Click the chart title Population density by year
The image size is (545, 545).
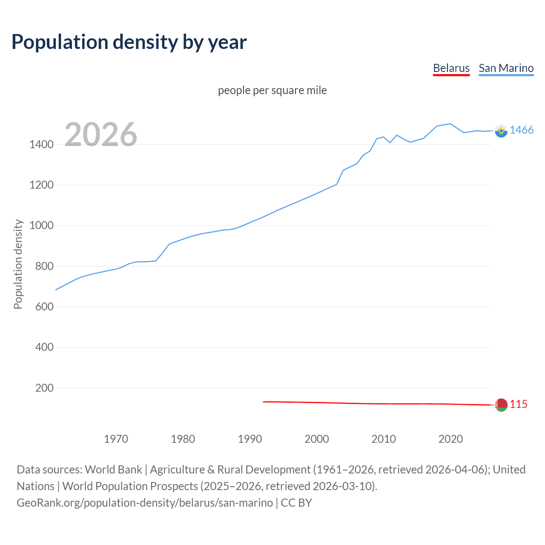tap(129, 42)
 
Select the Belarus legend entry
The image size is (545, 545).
tap(451, 68)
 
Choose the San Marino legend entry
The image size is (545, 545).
tap(506, 68)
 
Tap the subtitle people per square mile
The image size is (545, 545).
tap(272, 90)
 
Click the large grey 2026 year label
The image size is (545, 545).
tap(101, 135)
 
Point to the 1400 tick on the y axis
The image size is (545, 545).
tap(41, 144)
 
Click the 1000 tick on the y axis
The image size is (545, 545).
tap(41, 226)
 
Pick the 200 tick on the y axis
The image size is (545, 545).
tap(44, 388)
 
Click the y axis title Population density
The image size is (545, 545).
tap(18, 264)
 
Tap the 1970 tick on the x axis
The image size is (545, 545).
tap(116, 439)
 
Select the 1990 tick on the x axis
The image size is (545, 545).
tap(250, 439)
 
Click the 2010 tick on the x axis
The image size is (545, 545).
tap(384, 439)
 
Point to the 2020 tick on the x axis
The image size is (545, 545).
tap(450, 439)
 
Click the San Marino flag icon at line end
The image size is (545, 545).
tap(501, 131)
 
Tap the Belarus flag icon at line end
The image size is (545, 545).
tap(501, 404)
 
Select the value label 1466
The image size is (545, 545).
tap(521, 130)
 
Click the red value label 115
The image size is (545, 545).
tap(518, 404)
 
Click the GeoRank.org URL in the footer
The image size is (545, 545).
tap(145, 503)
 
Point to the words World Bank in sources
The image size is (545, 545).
tap(113, 470)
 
